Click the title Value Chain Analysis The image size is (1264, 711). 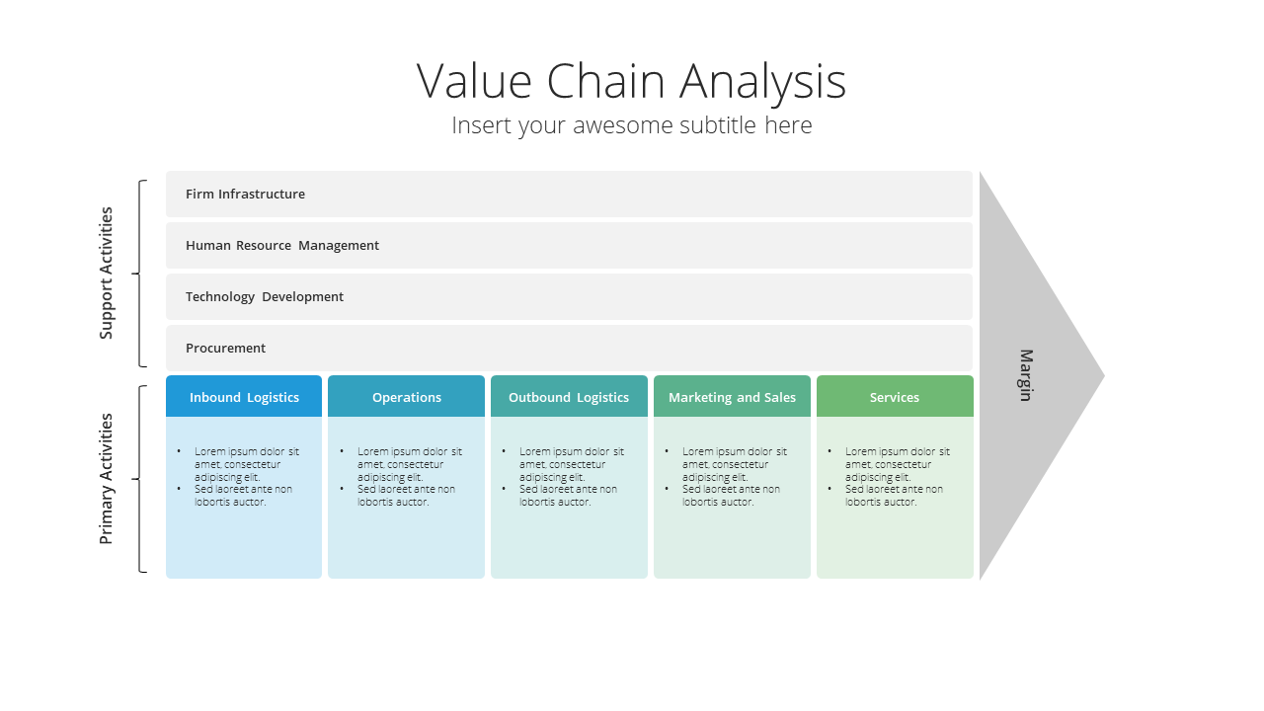tap(631, 82)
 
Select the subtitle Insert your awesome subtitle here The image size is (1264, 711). tap(631, 125)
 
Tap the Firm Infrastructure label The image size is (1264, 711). tap(245, 195)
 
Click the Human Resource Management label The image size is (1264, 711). tap(282, 246)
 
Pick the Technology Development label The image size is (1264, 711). tap(264, 297)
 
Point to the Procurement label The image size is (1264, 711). tap(225, 349)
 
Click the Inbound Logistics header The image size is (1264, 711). tap(244, 397)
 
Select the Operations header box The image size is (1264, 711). tap(406, 397)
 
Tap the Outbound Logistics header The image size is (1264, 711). tap(569, 397)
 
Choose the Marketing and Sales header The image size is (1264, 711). tap(732, 397)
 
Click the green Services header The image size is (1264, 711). tap(895, 397)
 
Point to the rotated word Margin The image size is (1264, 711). tap(1026, 375)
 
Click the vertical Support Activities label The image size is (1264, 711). tap(106, 274)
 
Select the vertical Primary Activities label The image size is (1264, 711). tap(106, 479)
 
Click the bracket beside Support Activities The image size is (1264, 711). tap(139, 274)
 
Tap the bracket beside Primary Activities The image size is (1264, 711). tap(139, 479)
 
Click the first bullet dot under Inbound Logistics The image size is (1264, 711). tap(179, 451)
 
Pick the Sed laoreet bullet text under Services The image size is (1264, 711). tap(894, 496)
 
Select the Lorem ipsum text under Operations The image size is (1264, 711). tap(409, 464)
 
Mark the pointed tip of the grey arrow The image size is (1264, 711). tap(1104, 376)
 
